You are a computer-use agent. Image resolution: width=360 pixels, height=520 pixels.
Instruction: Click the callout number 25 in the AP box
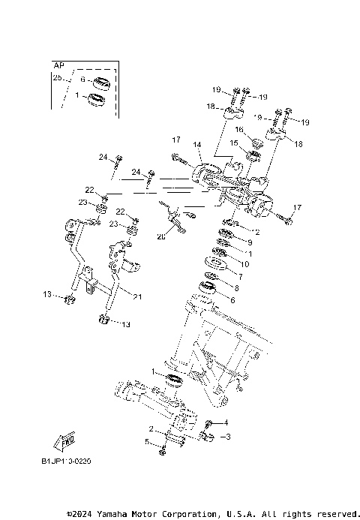(x=57, y=77)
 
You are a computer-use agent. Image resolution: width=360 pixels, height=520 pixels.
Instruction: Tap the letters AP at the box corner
(x=58, y=65)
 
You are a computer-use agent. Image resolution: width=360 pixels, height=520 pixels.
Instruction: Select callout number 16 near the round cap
(x=241, y=130)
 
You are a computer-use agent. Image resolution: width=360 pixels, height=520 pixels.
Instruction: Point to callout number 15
(x=234, y=143)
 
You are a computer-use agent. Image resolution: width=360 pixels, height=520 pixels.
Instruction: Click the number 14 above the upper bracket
(x=197, y=144)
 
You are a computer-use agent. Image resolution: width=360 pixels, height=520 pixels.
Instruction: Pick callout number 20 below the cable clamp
(x=160, y=236)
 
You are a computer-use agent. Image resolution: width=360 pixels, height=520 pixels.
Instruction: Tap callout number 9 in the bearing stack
(x=249, y=243)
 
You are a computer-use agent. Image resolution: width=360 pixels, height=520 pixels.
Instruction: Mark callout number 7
(x=239, y=276)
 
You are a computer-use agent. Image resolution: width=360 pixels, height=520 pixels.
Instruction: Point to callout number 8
(x=236, y=287)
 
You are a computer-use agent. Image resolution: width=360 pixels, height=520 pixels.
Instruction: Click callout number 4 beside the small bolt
(x=225, y=422)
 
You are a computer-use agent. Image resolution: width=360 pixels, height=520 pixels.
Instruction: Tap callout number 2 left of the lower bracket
(x=151, y=429)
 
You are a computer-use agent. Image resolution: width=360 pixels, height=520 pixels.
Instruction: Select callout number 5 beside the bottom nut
(x=148, y=441)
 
